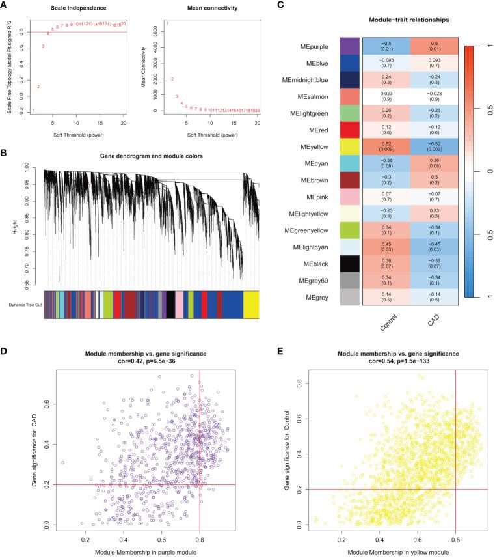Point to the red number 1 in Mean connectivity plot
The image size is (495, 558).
coord(167,25)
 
